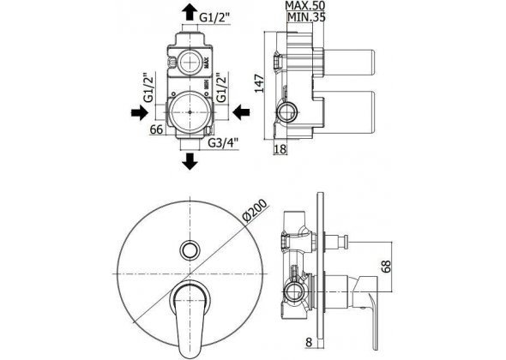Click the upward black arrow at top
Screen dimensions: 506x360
(x=189, y=12)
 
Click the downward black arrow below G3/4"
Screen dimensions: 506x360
(x=190, y=161)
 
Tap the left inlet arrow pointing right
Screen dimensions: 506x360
(x=140, y=112)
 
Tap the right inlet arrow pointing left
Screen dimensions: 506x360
(x=241, y=112)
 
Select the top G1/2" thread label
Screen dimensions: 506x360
(x=214, y=18)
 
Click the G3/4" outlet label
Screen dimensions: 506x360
(x=223, y=142)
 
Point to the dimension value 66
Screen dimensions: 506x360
(x=156, y=129)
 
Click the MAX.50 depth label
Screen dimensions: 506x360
(x=305, y=5)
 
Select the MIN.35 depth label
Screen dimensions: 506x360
(x=306, y=16)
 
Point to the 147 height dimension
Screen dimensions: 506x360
(x=260, y=83)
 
